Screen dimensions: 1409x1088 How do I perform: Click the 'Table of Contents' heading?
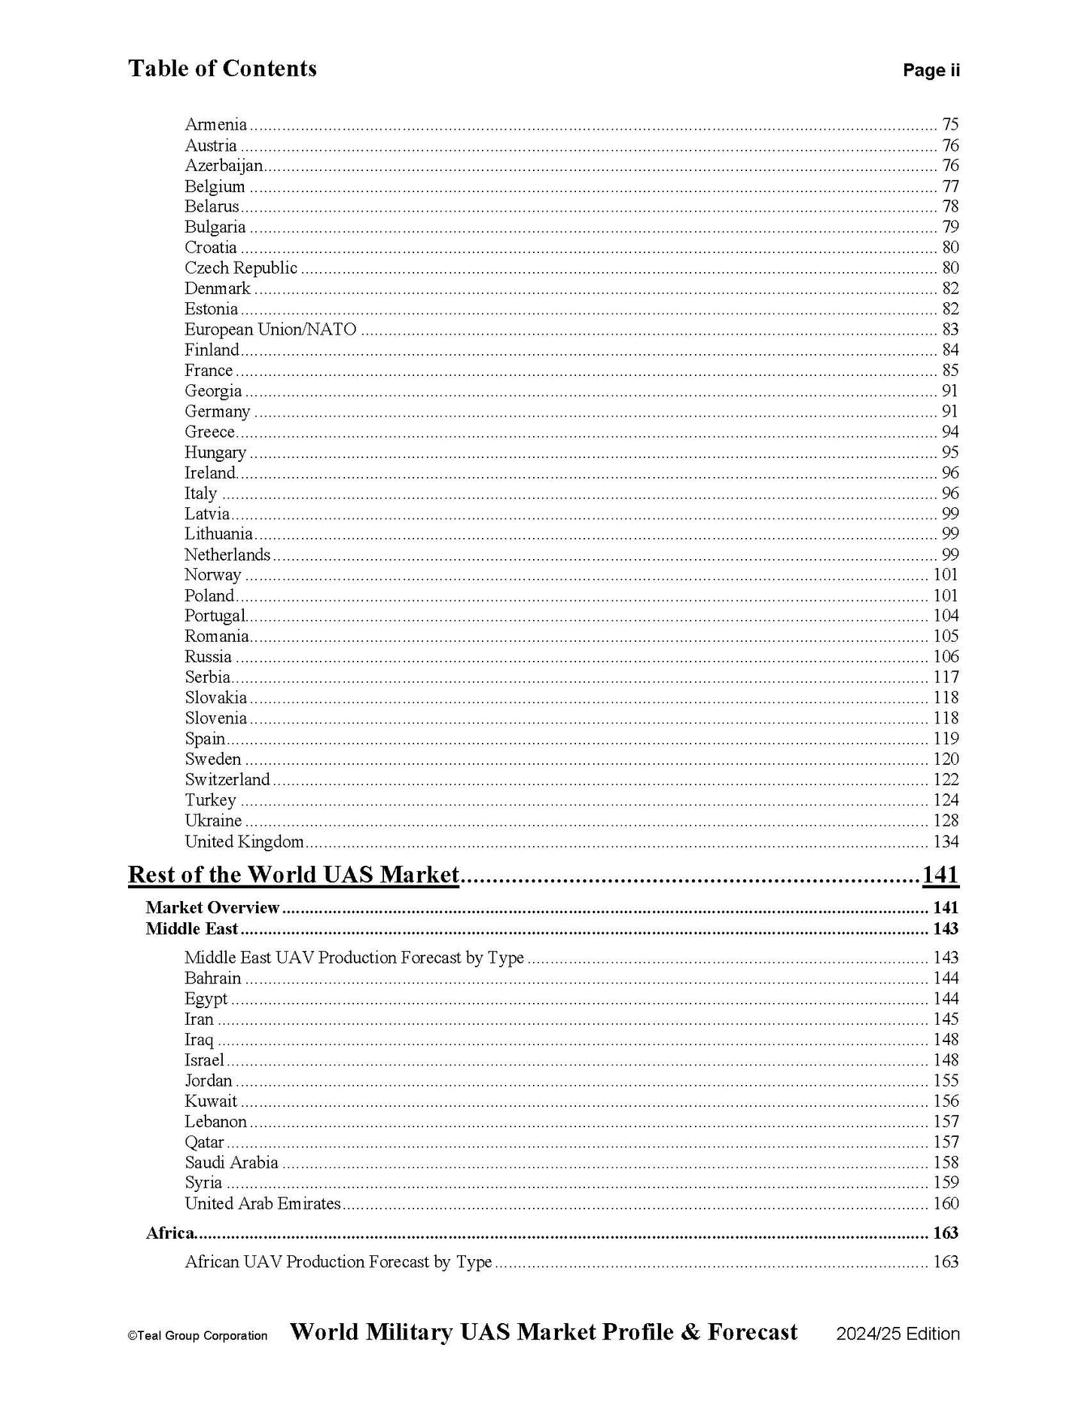(222, 69)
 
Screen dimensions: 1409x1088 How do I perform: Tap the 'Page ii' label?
(931, 71)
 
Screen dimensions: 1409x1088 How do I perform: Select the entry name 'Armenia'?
(215, 124)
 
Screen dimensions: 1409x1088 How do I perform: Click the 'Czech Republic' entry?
(241, 268)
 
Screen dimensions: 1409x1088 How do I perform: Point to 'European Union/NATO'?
(270, 329)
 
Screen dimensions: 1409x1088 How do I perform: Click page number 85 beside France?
(949, 370)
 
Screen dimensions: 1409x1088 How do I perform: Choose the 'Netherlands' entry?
(227, 555)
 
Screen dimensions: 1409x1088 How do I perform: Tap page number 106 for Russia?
(946, 656)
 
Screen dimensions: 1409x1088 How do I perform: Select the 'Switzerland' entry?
(227, 779)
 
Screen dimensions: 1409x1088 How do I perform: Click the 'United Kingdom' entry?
(245, 841)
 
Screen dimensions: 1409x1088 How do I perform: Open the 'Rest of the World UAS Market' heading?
(294, 874)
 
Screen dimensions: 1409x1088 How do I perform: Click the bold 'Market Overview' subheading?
(212, 908)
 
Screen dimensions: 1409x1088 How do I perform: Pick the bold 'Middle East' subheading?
(191, 928)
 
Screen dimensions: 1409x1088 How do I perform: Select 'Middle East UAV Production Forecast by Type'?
(354, 958)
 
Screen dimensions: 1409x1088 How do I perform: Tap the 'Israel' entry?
(205, 1060)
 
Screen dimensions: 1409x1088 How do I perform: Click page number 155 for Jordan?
(946, 1080)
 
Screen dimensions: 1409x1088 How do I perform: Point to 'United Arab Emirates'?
(263, 1203)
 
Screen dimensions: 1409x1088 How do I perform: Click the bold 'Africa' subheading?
(170, 1233)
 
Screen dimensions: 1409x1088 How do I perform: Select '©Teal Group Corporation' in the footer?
(197, 1336)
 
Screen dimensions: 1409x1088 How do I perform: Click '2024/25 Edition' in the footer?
(898, 1334)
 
